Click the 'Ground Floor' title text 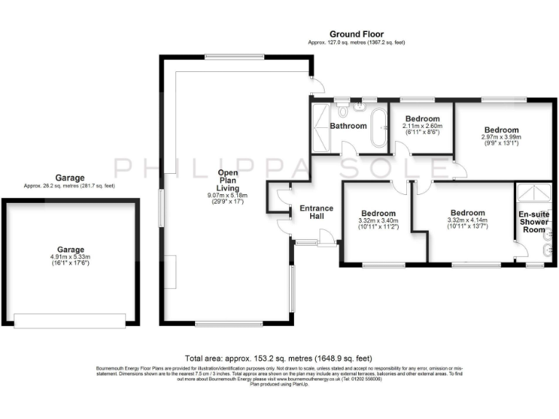click(x=356, y=34)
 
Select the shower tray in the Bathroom click(x=320, y=128)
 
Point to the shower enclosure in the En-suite click(x=534, y=194)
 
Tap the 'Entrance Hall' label click(x=316, y=212)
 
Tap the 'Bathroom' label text click(x=348, y=126)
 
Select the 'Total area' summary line click(x=279, y=359)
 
